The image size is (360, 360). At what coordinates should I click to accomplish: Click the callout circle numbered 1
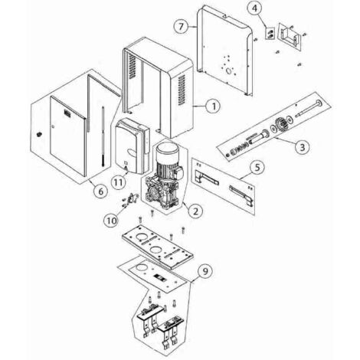tap(214, 106)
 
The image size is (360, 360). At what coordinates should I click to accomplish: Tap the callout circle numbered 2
tap(195, 211)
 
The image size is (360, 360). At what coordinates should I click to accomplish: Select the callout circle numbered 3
tap(302, 147)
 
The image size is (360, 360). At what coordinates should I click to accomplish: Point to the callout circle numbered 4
tap(255, 8)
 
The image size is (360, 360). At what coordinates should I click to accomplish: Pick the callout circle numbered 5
tap(257, 168)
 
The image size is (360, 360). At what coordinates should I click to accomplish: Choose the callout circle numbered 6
tap(101, 191)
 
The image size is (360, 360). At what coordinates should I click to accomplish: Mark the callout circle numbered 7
tap(181, 26)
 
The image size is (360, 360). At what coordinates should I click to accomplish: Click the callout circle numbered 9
tap(205, 271)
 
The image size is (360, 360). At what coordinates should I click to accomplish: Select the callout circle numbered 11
tap(118, 183)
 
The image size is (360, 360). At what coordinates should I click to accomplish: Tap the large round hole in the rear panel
tap(231, 71)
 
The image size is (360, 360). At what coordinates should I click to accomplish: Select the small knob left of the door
tap(39, 134)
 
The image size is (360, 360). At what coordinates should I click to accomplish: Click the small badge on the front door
tap(67, 113)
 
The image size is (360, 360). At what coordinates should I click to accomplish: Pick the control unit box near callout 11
tap(132, 146)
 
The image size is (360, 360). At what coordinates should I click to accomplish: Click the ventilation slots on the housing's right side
tap(182, 90)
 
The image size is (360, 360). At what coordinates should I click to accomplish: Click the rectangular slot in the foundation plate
tap(159, 277)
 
